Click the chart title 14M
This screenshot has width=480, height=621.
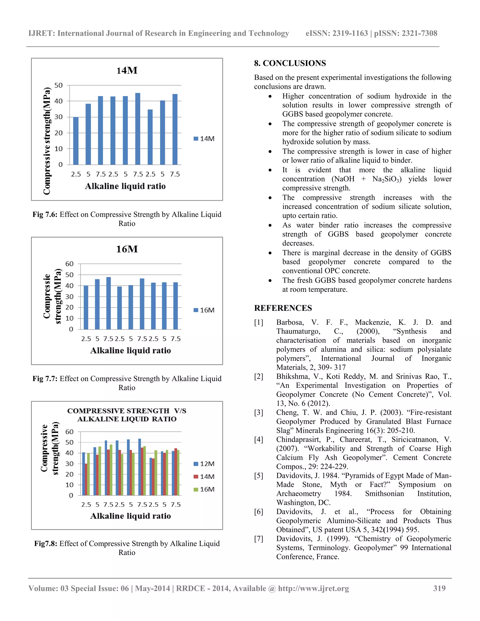(127, 71)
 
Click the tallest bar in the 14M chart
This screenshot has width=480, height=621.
(138, 129)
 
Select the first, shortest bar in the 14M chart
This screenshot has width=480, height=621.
(76, 141)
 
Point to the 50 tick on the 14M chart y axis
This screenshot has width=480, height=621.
(58, 85)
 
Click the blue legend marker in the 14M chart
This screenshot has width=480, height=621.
(196, 139)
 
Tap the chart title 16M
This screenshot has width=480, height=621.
(127, 249)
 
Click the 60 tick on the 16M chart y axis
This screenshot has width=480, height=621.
(69, 264)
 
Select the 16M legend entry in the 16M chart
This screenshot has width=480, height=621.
(204, 310)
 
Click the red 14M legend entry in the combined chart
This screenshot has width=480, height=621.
(204, 477)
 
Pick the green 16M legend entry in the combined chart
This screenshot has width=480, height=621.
(204, 489)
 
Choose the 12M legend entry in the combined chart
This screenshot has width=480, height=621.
(204, 464)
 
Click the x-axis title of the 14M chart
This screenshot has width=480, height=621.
(125, 186)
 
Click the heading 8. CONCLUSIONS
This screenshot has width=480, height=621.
(290, 63)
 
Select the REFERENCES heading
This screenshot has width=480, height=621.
(283, 308)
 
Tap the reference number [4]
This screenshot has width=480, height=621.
(259, 440)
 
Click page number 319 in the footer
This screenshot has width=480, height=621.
(439, 588)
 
